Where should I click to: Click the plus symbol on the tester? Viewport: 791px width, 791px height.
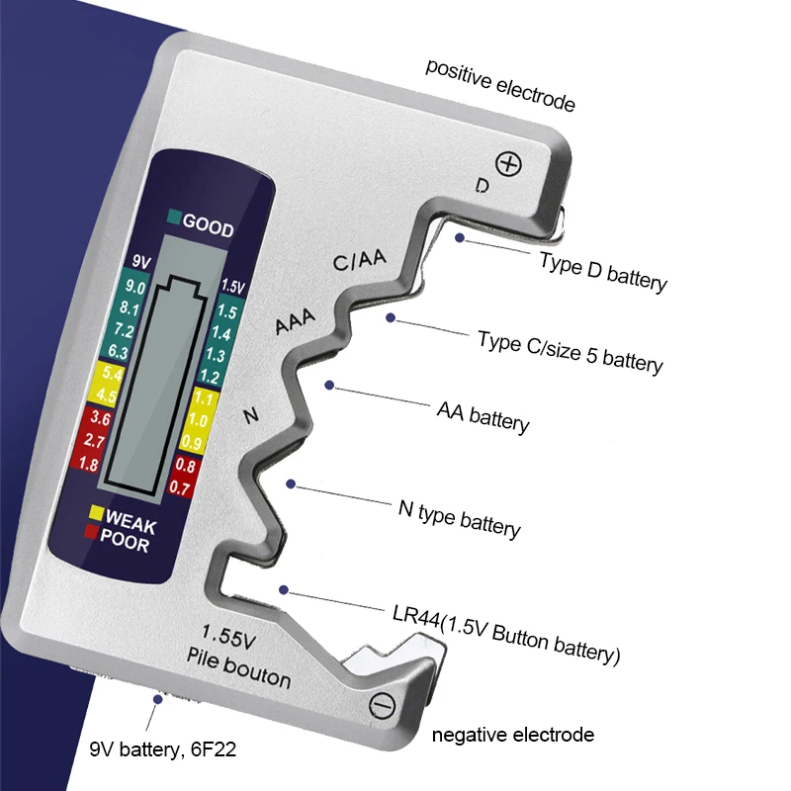pyautogui.click(x=509, y=163)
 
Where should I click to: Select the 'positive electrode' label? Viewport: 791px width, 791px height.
pyautogui.click(x=500, y=85)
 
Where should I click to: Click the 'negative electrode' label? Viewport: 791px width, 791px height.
pyautogui.click(x=513, y=735)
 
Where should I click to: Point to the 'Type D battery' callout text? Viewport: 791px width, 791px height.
pyautogui.click(x=603, y=270)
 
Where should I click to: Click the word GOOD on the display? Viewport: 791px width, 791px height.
pyautogui.click(x=208, y=228)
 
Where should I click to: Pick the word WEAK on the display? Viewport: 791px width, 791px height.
pyautogui.click(x=131, y=518)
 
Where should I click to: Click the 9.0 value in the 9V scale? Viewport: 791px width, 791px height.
pyautogui.click(x=135, y=288)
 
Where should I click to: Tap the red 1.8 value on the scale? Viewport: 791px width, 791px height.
pyautogui.click(x=88, y=464)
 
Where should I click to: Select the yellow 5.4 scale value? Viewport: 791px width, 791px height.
pyautogui.click(x=114, y=374)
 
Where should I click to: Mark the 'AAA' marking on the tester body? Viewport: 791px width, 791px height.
pyautogui.click(x=295, y=321)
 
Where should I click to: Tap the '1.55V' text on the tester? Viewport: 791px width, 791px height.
pyautogui.click(x=229, y=635)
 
